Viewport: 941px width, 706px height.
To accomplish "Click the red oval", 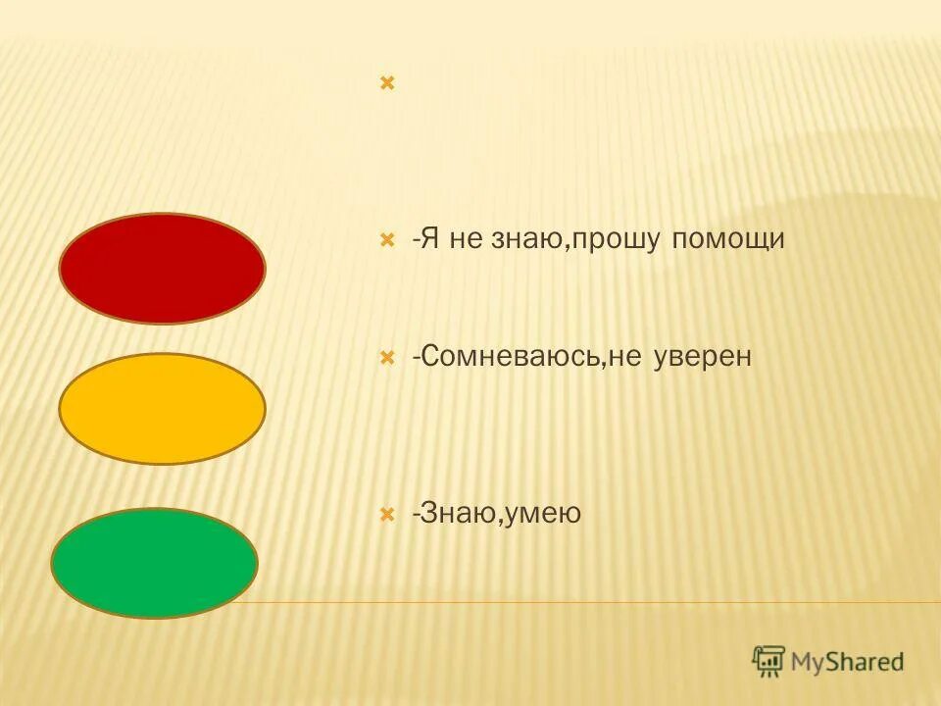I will [x=163, y=269].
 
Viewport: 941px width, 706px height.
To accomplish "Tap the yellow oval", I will [x=163, y=409].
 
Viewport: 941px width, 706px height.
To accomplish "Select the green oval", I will [x=155, y=563].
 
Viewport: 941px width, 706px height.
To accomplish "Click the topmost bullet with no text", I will [x=387, y=83].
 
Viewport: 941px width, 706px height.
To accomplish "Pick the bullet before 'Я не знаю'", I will [x=387, y=239].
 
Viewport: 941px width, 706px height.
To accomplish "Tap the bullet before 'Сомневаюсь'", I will [x=387, y=357].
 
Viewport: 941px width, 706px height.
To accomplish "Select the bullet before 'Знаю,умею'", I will [x=387, y=513].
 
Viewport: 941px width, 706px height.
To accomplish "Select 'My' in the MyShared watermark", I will [x=811, y=662].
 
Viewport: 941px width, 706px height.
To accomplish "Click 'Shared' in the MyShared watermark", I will [x=867, y=661].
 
